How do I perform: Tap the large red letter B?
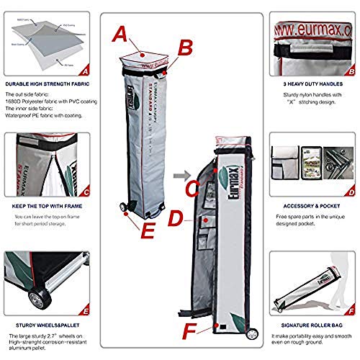(186, 48)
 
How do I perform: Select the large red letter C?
(191, 189)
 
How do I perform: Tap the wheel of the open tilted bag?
(252, 334)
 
